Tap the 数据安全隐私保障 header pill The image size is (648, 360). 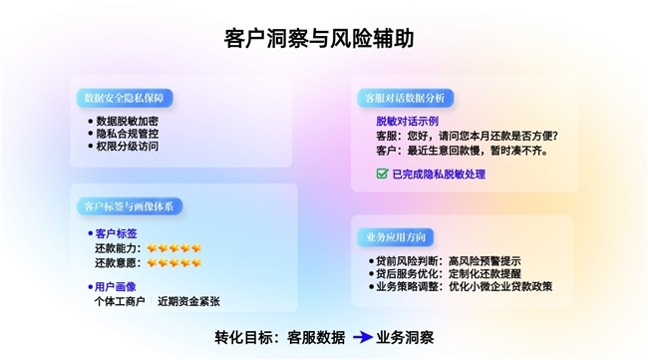pyautogui.click(x=124, y=97)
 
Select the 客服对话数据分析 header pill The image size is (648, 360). pyautogui.click(x=404, y=98)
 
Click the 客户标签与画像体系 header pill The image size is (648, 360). pyautogui.click(x=129, y=206)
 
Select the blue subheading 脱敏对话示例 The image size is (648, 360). pyautogui.click(x=398, y=121)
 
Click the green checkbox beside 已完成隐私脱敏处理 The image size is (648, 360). pyautogui.click(x=382, y=174)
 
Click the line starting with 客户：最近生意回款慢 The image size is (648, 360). pyautogui.click(x=462, y=151)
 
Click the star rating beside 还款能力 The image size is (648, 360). pyautogui.click(x=173, y=248)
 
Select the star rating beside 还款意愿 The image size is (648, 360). pyautogui.click(x=173, y=263)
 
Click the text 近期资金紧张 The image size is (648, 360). pyautogui.click(x=188, y=301)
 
